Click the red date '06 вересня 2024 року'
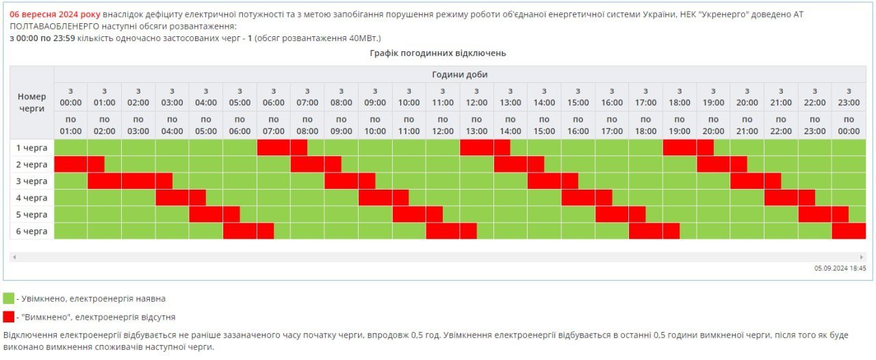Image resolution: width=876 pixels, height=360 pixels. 55,14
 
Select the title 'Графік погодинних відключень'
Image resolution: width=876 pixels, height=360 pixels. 438,53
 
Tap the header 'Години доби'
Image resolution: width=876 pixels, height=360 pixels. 460,75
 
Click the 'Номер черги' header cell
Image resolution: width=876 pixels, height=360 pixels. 31,103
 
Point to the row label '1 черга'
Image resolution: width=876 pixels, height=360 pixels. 32,147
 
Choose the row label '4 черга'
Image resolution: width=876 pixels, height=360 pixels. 32,198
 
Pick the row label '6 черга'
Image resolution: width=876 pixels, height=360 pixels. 32,231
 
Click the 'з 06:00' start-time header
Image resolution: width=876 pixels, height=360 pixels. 273,97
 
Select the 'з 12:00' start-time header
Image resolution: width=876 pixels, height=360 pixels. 476,97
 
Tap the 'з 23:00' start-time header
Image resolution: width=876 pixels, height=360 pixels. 849,97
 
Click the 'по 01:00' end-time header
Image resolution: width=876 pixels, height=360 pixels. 70,125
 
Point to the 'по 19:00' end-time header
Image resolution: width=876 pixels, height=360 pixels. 680,125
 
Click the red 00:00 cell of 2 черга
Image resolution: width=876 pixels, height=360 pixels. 70,164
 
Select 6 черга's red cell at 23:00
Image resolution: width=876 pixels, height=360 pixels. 849,231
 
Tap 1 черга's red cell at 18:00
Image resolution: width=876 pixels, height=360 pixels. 680,147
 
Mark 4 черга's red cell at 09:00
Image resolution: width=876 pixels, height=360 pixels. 375,198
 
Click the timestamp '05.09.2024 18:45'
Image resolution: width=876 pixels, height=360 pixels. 840,268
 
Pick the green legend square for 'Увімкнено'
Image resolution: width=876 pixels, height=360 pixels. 8,298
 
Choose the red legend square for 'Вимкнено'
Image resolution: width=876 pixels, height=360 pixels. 8,317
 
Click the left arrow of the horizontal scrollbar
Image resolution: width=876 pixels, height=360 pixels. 14,257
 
